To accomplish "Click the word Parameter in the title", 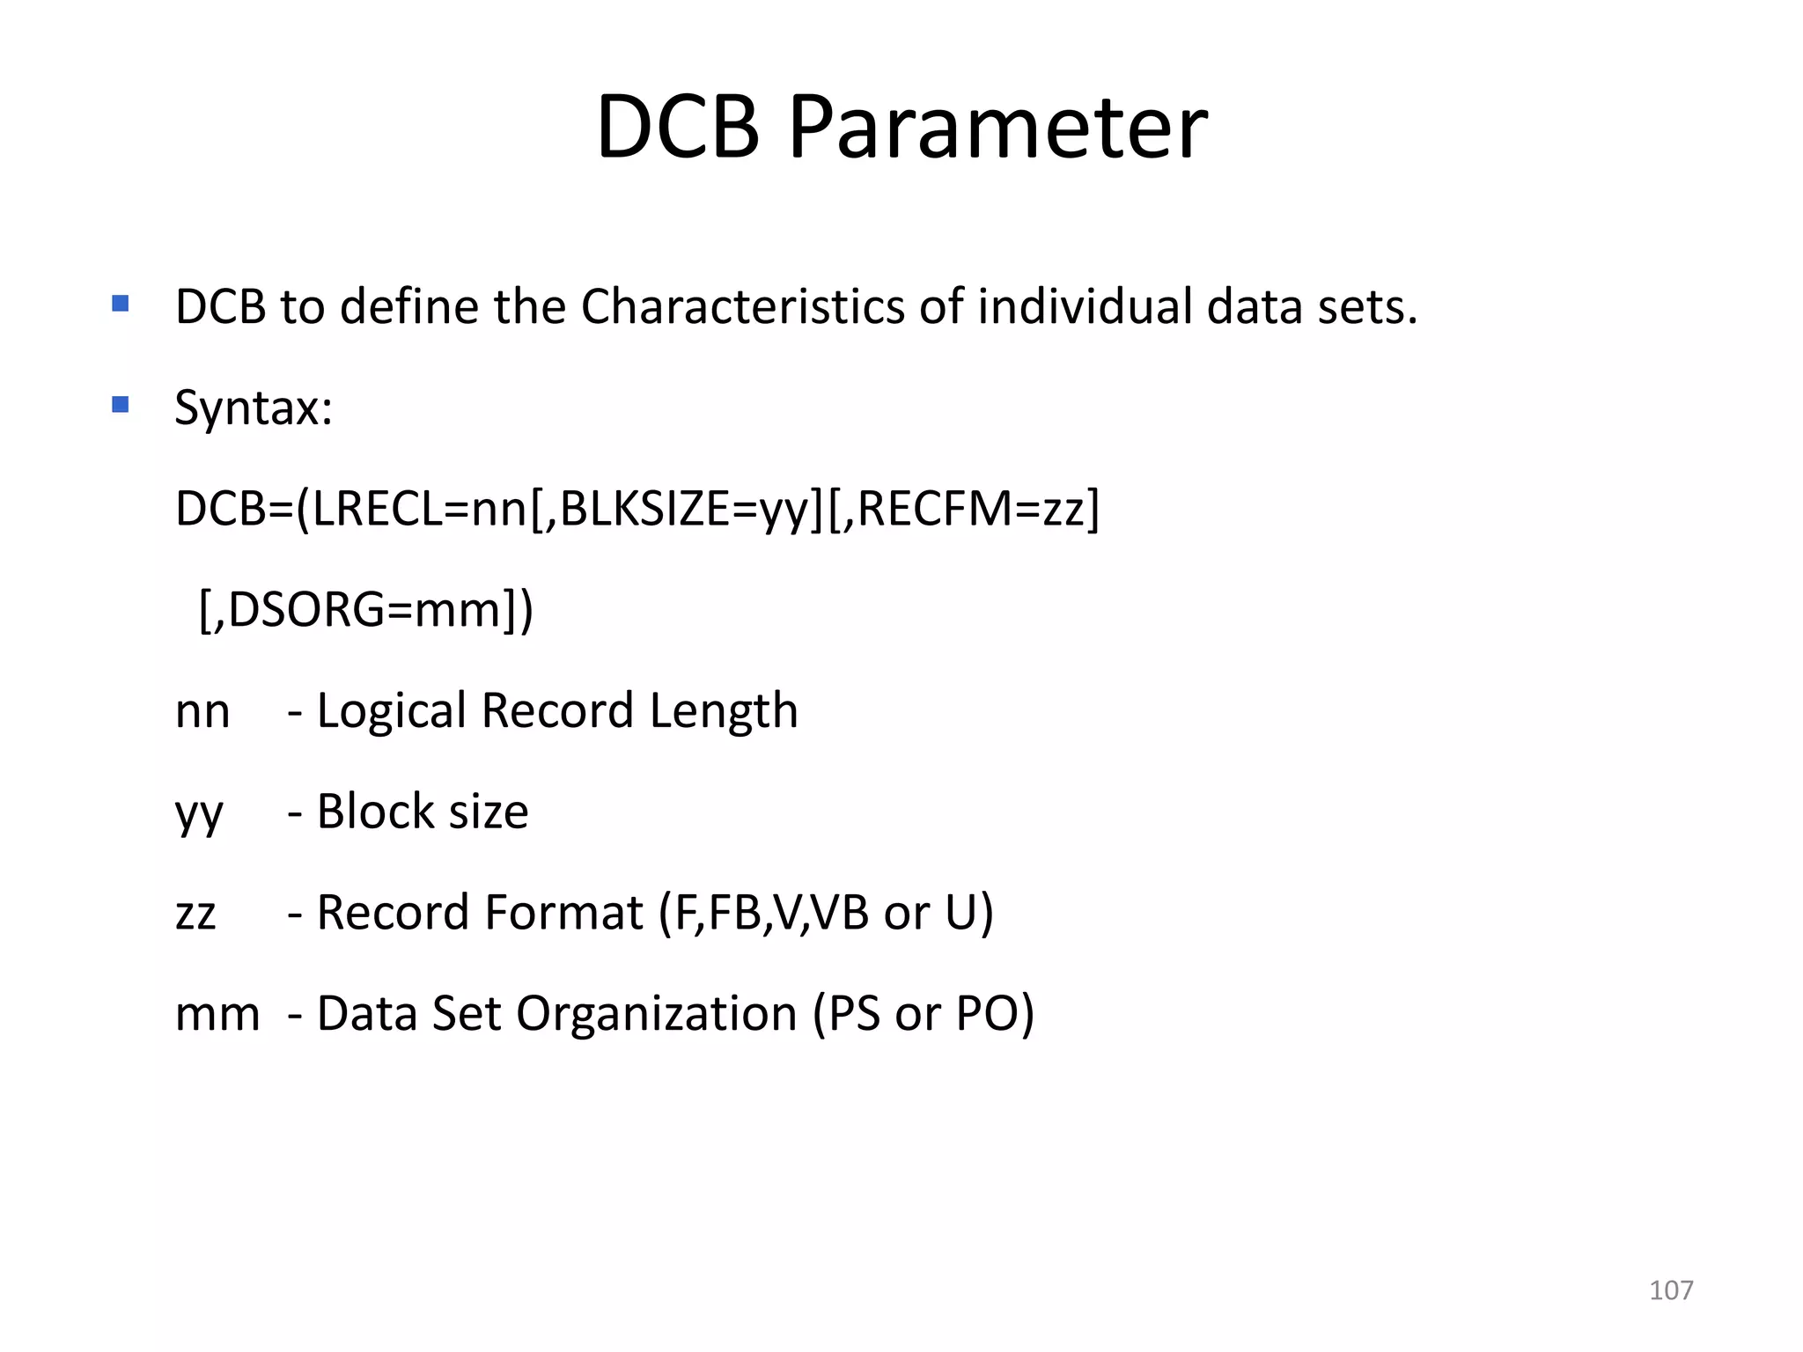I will point(997,128).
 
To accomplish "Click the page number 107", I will point(1670,1290).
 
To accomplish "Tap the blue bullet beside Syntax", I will point(121,405).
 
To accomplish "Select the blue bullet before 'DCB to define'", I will point(121,305).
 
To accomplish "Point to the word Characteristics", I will point(742,307).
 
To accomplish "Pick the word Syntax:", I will point(254,408).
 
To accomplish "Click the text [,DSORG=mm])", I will point(366,610).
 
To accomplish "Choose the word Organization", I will point(656,1014).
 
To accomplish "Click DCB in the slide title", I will point(678,128).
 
